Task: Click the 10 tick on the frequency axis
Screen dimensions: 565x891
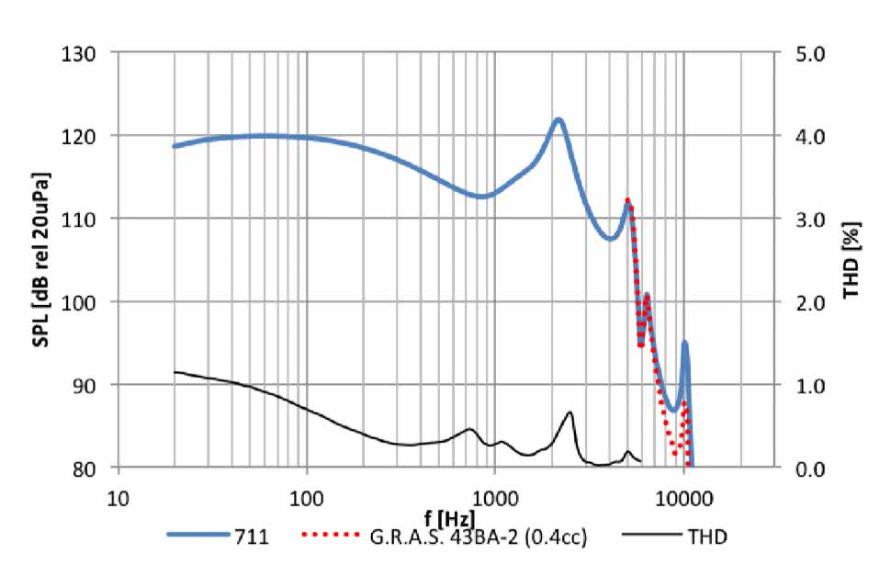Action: coord(117,498)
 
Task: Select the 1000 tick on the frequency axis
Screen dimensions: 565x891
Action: coord(495,498)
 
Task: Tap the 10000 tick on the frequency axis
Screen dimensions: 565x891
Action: coord(684,498)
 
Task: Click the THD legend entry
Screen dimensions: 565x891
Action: coord(666,534)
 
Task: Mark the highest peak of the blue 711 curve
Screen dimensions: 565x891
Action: coord(558,119)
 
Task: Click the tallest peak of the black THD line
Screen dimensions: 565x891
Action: coord(570,412)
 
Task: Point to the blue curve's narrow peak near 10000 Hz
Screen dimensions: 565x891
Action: coord(684,343)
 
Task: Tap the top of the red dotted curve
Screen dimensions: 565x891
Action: coord(627,199)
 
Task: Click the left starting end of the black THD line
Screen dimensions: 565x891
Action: coord(175,372)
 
